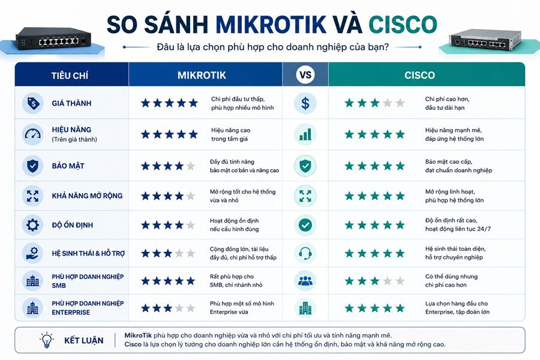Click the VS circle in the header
point(305,75)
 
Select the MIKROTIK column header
point(202,75)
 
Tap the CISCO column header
point(419,75)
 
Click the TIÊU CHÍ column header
point(70,76)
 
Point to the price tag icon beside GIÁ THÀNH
point(33,103)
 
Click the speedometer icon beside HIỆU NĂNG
point(33,134)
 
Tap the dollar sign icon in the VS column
point(305,103)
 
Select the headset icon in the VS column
point(305,254)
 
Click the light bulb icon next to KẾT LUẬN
point(46,340)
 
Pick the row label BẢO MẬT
point(68,166)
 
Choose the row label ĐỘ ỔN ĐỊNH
point(73,225)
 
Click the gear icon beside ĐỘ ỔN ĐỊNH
point(33,225)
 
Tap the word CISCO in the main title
point(403,24)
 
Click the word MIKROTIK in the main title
point(271,24)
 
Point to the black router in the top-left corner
point(54,38)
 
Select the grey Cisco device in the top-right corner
point(485,40)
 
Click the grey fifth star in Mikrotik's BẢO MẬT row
point(190,166)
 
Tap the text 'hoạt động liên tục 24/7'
point(458,229)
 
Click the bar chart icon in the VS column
point(305,134)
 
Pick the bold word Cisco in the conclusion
point(133,344)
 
